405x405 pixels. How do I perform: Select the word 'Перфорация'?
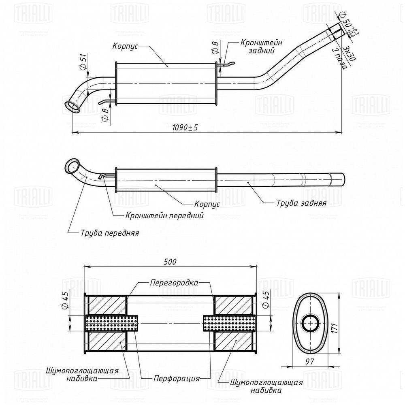(176, 379)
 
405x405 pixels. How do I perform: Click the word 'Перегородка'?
(174, 283)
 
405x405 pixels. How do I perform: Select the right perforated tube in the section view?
(228, 323)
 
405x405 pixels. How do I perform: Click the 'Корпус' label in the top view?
(126, 47)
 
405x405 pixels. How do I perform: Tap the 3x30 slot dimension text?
(348, 53)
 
